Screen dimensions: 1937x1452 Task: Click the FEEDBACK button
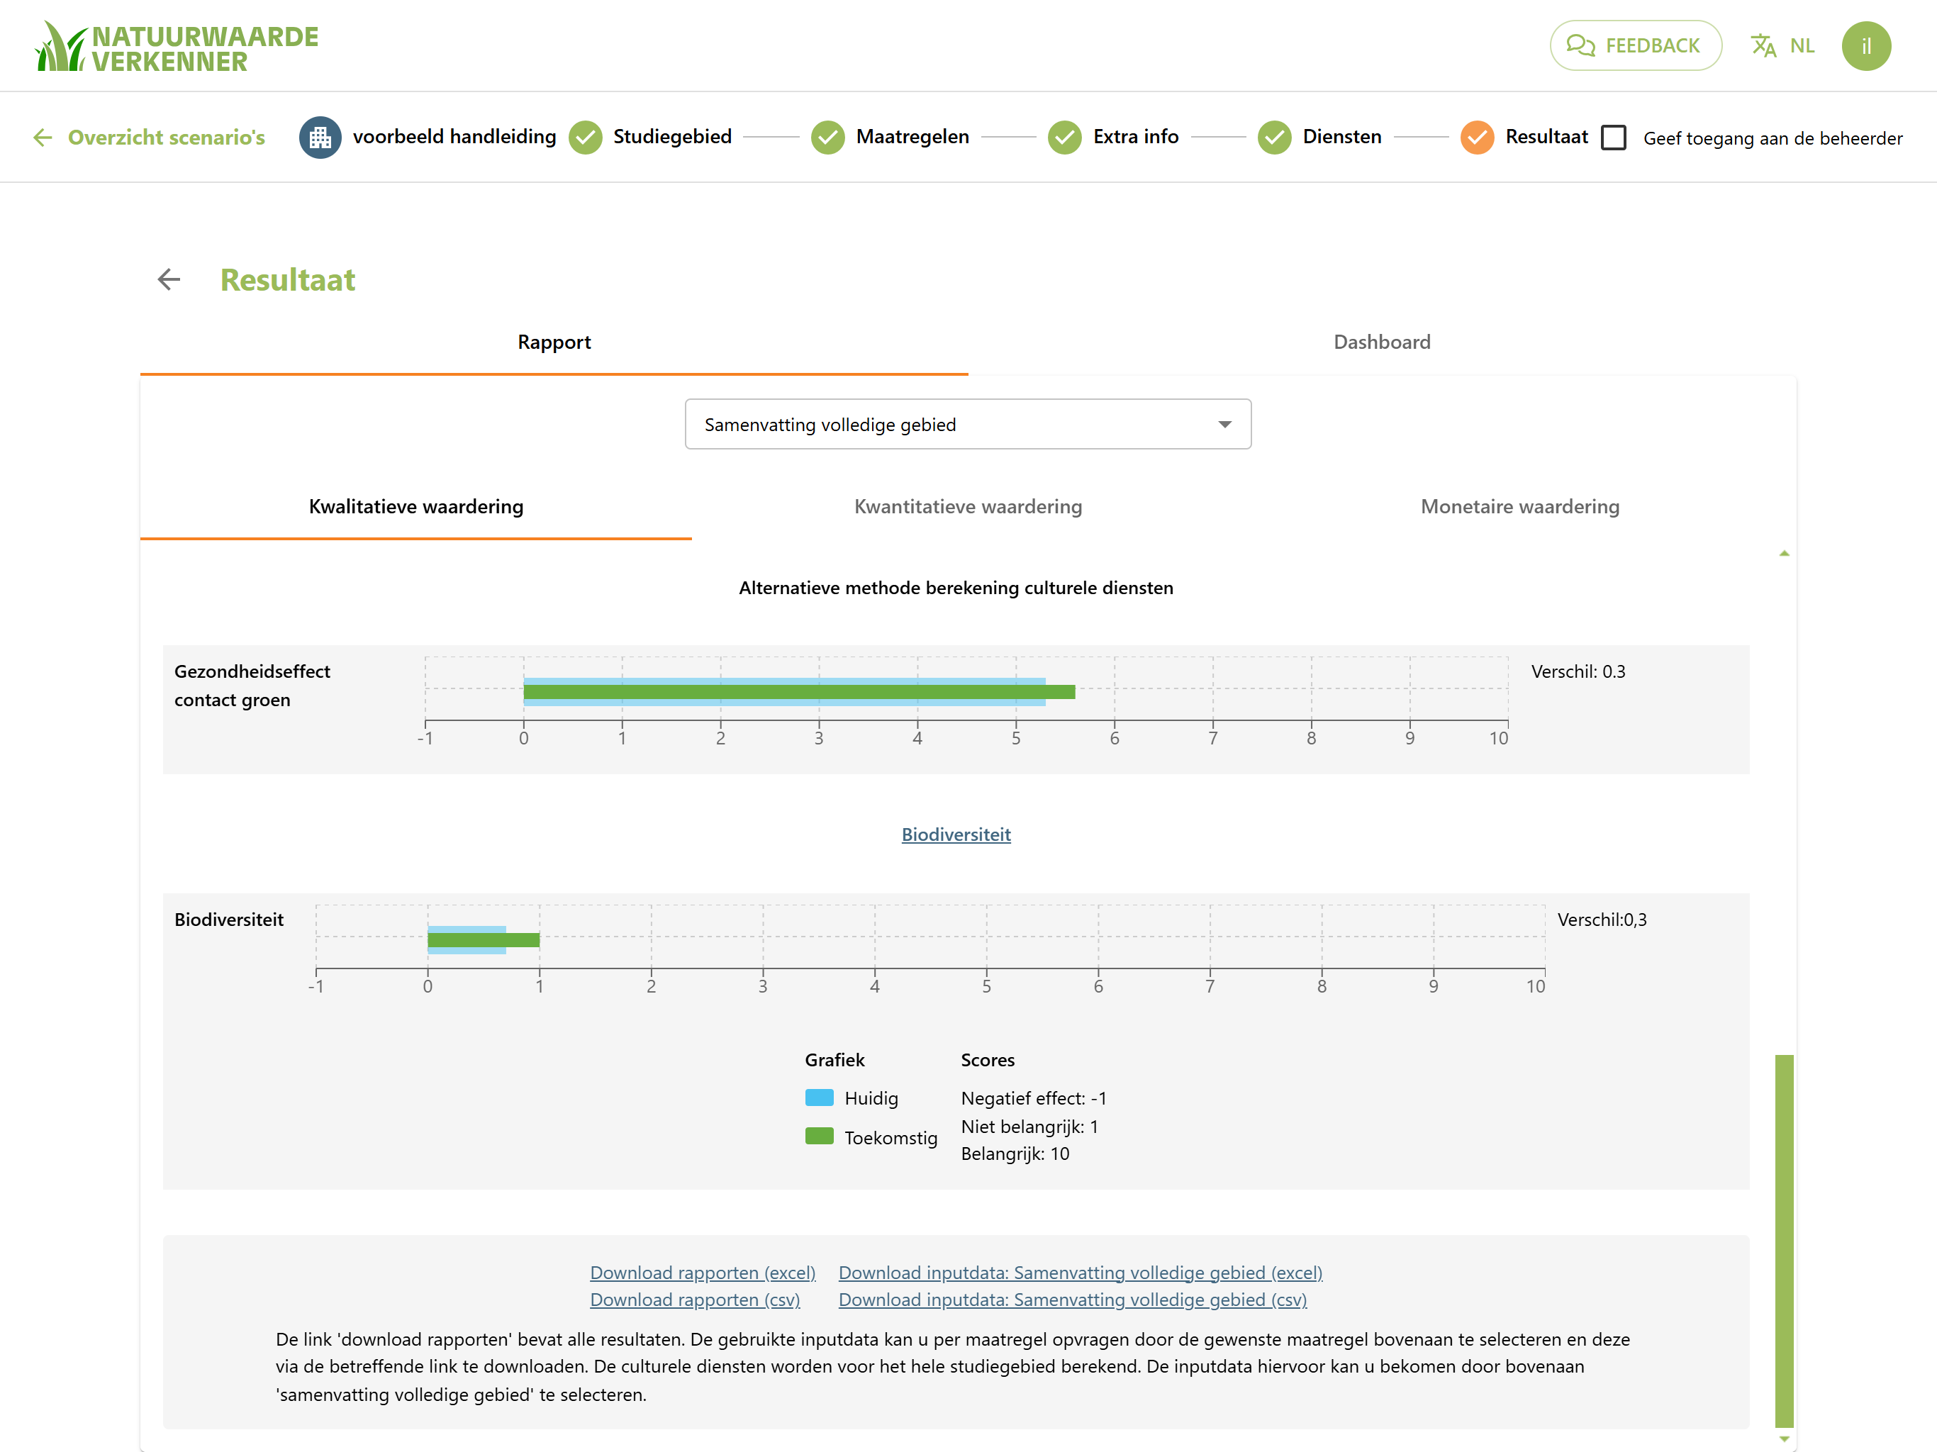point(1635,45)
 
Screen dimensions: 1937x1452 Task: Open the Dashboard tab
point(1382,342)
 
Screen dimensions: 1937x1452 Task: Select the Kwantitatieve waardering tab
point(968,507)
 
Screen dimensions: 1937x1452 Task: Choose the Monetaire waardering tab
point(1520,507)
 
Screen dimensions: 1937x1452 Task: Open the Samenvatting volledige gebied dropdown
point(968,425)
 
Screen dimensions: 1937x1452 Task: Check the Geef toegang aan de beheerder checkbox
point(1613,138)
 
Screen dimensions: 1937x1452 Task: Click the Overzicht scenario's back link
point(150,138)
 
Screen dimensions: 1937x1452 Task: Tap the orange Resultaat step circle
point(1476,138)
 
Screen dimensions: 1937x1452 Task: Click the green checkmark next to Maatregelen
point(827,138)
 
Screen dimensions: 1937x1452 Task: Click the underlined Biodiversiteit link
point(956,834)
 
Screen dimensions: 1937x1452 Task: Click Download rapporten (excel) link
point(703,1273)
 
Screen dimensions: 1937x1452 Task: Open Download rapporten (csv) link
point(694,1300)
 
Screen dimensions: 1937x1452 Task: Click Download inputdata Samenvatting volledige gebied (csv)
point(1073,1300)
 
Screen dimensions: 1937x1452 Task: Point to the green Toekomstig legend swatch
point(819,1136)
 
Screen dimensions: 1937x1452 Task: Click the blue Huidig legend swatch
point(819,1098)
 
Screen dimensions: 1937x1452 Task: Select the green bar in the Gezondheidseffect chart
point(798,692)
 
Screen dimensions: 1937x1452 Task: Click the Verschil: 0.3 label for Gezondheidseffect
point(1578,671)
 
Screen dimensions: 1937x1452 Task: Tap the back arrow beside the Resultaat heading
point(169,279)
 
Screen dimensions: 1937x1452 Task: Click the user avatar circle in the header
point(1866,45)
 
